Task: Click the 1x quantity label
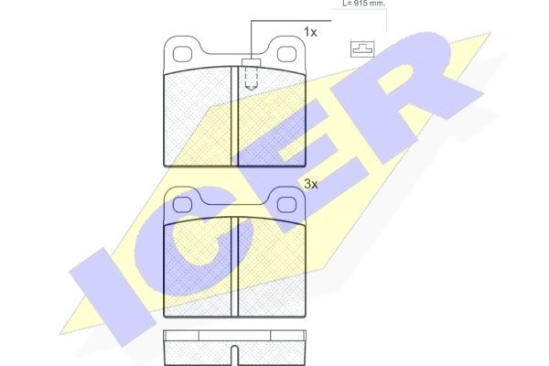(310, 32)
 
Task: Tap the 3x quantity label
(310, 184)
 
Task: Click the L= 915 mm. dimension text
(363, 4)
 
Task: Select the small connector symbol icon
(362, 49)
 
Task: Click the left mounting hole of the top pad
(182, 54)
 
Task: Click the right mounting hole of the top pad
(286, 54)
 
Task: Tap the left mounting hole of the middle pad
(182, 205)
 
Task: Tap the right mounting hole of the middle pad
(286, 205)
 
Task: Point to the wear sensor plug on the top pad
(251, 62)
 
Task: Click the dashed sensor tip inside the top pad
(251, 79)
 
